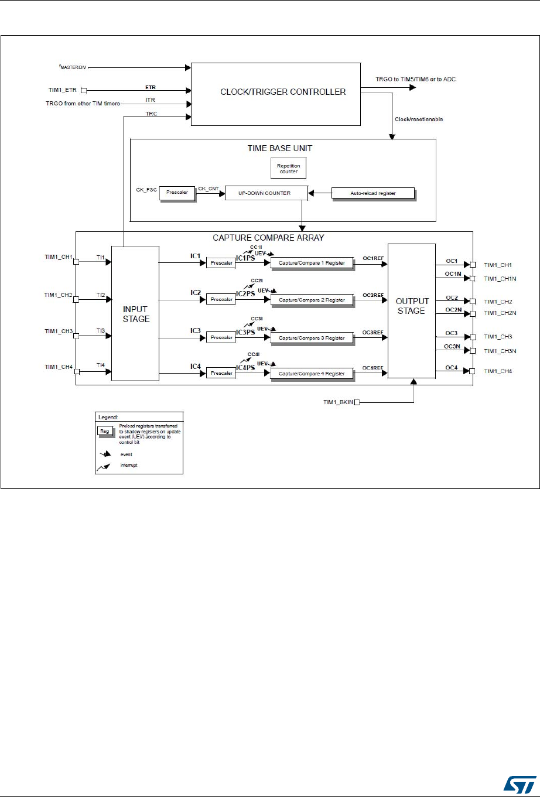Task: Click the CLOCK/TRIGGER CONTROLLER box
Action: click(275, 91)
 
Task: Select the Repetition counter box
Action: click(289, 169)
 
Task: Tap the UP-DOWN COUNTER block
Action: click(266, 193)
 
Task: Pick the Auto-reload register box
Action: click(372, 193)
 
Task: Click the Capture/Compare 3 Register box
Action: click(312, 338)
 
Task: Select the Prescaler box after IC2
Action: click(221, 300)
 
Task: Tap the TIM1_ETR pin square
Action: click(83, 90)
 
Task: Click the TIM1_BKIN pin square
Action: click(357, 402)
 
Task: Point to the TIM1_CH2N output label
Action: click(500, 314)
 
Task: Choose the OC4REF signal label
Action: click(372, 368)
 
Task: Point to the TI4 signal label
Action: click(101, 365)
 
